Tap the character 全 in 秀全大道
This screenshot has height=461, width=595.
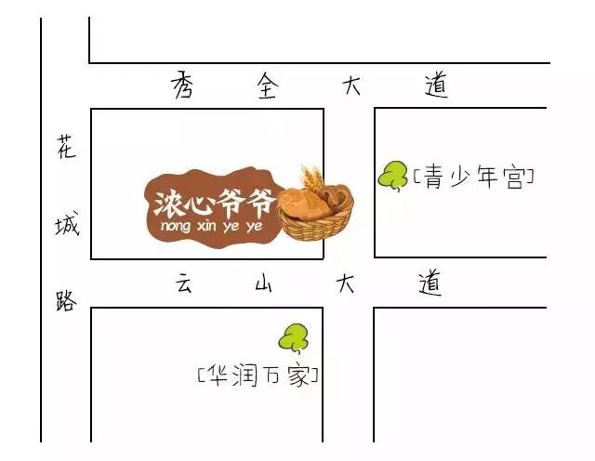click(x=268, y=86)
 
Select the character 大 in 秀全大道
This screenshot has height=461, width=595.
click(x=351, y=86)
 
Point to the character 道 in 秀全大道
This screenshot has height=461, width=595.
click(x=435, y=86)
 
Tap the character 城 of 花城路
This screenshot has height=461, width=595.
click(x=66, y=224)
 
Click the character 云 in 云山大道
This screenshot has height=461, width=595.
click(x=183, y=283)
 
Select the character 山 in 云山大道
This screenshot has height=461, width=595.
click(x=264, y=284)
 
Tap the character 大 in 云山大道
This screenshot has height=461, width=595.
click(x=346, y=283)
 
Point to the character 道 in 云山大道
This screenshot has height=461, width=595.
click(x=429, y=283)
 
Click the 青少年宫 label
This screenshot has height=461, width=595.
click(x=474, y=178)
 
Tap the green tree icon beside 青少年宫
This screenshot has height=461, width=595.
click(x=393, y=175)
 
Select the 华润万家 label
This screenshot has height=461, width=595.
click(x=258, y=376)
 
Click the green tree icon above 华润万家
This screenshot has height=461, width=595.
click(x=296, y=338)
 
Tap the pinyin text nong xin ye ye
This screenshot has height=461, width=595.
click(x=211, y=226)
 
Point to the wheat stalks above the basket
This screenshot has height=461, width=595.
click(x=311, y=178)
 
